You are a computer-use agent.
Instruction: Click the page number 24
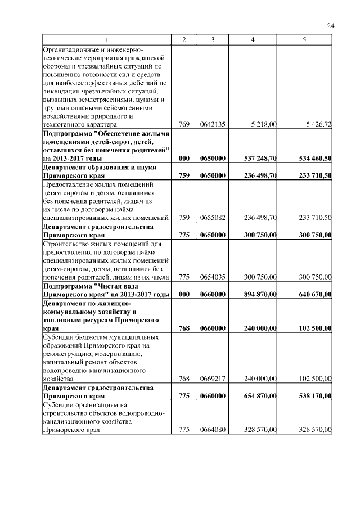[331, 26]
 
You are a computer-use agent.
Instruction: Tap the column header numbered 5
[305, 39]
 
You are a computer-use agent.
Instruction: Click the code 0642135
[213, 124]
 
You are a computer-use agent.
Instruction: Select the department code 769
[183, 124]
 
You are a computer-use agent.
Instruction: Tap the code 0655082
[213, 218]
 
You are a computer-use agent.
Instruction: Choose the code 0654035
[213, 277]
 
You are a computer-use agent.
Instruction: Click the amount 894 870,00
[262, 294]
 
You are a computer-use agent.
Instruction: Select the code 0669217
[213, 379]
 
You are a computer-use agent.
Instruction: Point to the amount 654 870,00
[262, 397]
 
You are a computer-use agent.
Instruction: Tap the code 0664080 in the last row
[213, 431]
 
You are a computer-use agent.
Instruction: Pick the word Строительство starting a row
[64, 244]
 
